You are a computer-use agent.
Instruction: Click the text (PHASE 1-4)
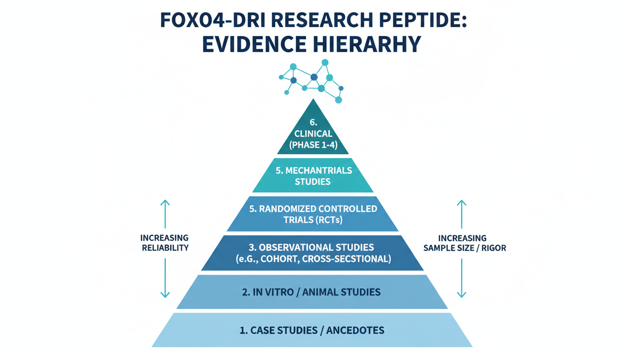point(313,144)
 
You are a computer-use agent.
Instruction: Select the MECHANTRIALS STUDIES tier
point(313,176)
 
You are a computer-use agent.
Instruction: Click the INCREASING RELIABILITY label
point(165,242)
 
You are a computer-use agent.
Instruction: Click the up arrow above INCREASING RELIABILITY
point(165,214)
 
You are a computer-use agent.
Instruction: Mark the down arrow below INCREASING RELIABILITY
point(165,281)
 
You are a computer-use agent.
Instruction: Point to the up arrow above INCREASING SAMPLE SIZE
point(462,214)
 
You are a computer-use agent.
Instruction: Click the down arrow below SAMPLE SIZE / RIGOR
point(462,281)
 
